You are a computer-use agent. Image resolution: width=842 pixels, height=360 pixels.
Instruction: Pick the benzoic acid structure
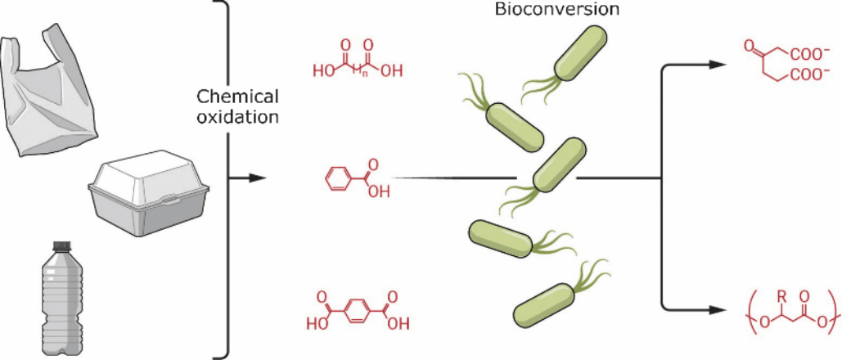(x=357, y=180)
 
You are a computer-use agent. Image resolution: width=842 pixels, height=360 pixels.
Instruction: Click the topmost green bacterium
(x=580, y=54)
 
